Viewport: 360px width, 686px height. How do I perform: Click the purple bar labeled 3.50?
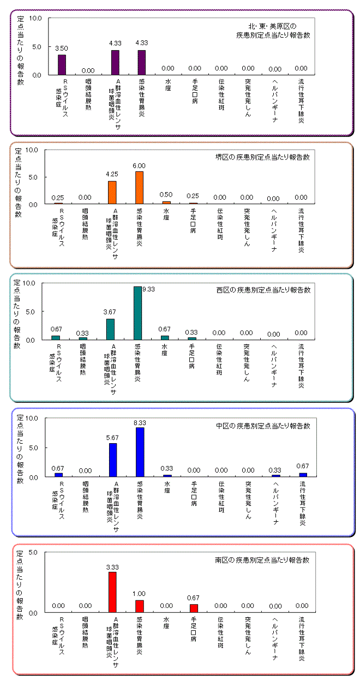pos(62,64)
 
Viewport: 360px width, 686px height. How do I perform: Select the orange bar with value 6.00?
pos(140,188)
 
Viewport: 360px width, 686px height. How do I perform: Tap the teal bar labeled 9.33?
pos(137,313)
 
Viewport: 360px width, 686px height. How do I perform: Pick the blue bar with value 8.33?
pos(140,452)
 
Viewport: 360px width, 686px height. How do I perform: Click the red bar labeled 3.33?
pos(113,592)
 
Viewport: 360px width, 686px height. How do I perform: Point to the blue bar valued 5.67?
pos(113,460)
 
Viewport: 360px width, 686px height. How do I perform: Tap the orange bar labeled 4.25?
pos(112,192)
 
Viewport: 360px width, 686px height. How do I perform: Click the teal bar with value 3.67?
pos(110,329)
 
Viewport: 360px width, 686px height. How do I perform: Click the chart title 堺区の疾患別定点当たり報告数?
pos(263,157)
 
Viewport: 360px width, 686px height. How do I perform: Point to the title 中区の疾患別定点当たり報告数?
pos(263,426)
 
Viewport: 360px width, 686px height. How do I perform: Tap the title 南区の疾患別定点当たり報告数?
pos(263,560)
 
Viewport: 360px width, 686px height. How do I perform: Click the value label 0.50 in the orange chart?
pos(167,195)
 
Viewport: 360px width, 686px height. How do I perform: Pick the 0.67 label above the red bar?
pos(194,598)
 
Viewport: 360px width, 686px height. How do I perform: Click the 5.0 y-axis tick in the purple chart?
pos(35,46)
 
